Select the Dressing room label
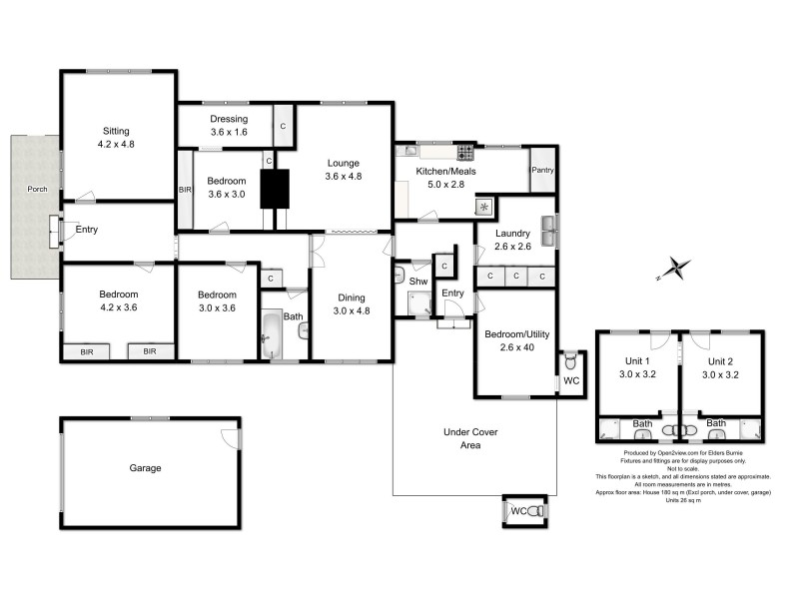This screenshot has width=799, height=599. point(229,119)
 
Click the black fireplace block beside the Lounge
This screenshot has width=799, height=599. point(275,189)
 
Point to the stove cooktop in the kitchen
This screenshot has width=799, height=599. point(466,153)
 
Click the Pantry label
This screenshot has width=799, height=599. point(542,171)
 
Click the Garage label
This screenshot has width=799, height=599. point(145,467)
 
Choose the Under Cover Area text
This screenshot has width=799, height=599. point(470,438)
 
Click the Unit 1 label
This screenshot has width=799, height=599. point(638,361)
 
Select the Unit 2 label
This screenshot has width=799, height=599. point(720,361)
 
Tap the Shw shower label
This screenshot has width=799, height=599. point(417,282)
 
